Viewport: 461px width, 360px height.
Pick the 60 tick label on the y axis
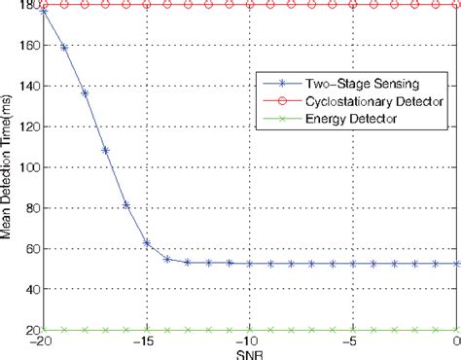point(28,249)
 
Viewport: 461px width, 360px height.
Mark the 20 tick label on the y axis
point(28,331)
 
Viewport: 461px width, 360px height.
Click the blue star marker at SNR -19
point(64,47)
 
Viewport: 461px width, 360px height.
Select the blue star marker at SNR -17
point(105,150)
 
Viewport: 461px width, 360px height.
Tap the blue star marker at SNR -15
point(147,243)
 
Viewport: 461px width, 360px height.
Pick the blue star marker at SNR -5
point(354,264)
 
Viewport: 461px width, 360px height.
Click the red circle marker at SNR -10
point(250,5)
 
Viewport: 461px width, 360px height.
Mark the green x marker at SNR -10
point(250,330)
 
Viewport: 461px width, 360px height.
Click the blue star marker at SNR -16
point(126,204)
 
